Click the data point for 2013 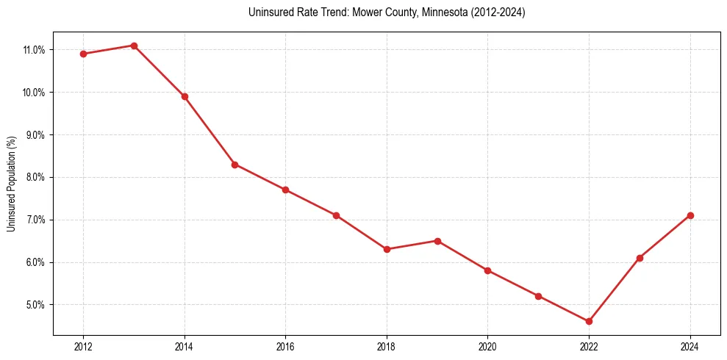134,46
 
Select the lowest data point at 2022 589,321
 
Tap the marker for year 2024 690,215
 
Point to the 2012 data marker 83,54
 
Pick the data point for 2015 234,164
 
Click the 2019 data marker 437,240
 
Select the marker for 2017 336,215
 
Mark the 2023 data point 640,258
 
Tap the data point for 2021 538,296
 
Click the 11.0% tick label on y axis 35,50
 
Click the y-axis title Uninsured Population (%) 11,184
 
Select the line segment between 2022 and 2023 614,289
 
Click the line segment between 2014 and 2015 209,130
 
